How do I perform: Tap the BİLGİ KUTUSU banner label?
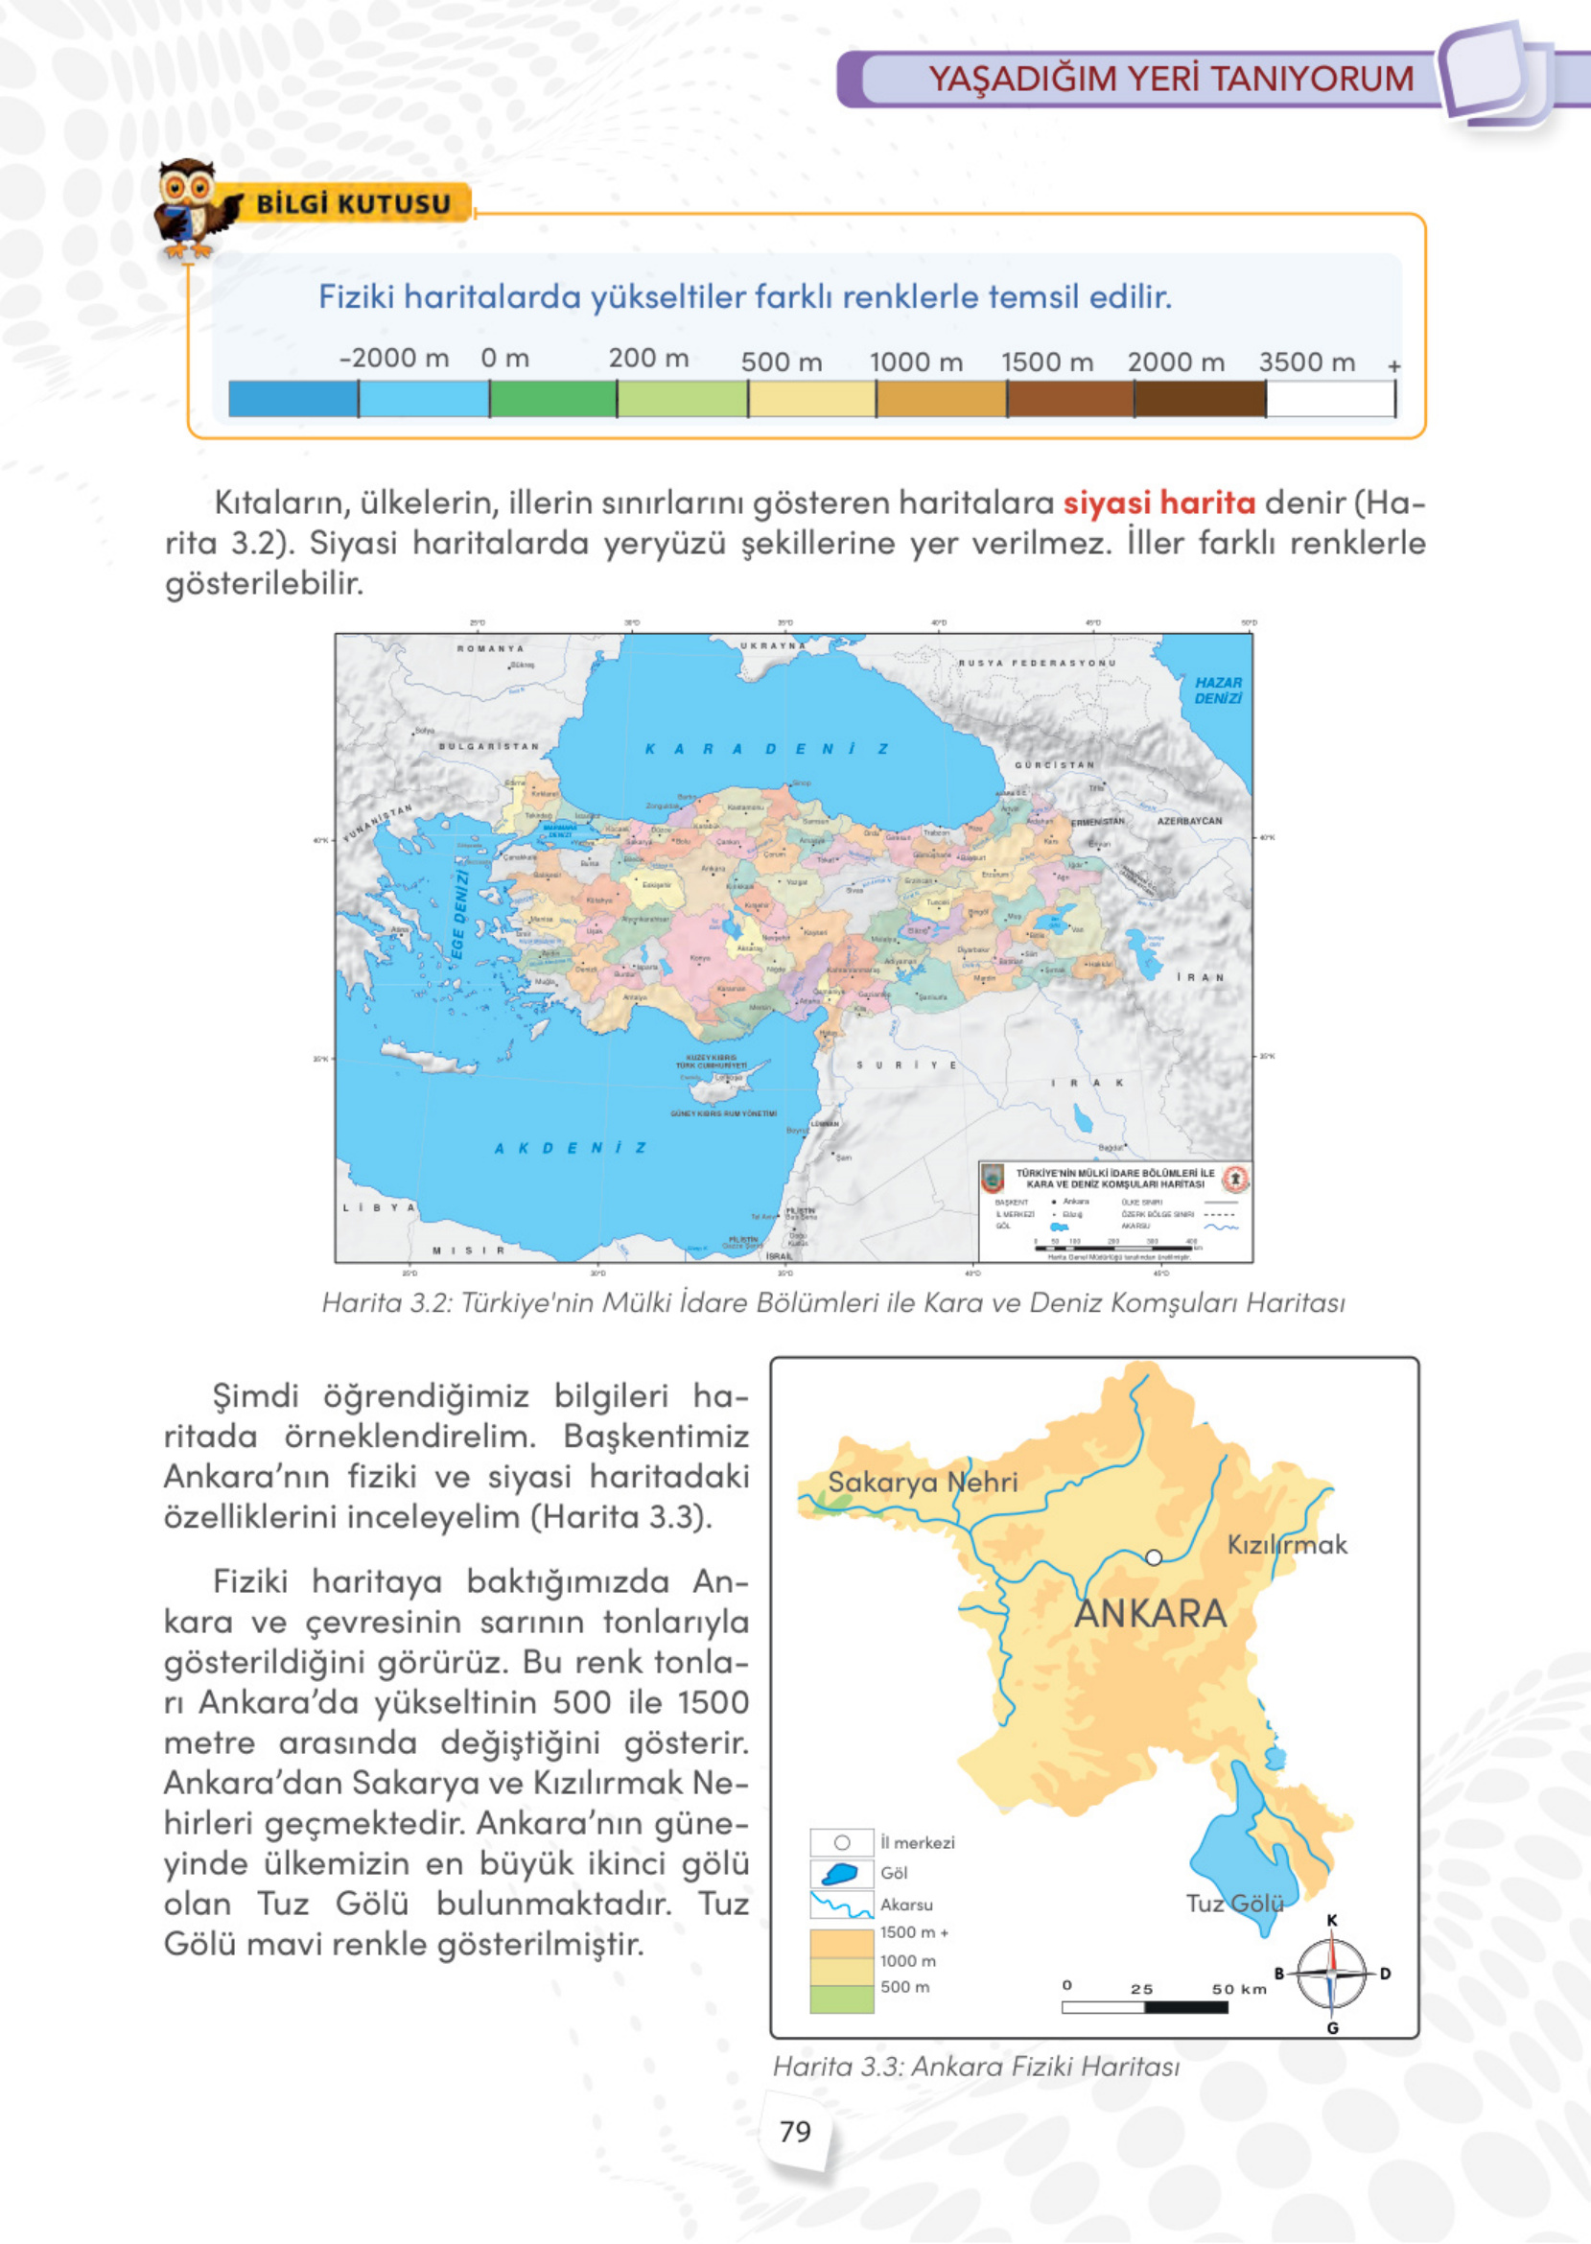click(353, 203)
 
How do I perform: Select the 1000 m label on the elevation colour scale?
click(916, 362)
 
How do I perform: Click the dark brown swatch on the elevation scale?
click(1199, 399)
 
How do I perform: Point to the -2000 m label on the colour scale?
click(394, 359)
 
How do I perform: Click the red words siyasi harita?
click(1158, 503)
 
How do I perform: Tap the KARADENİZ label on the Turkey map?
click(766, 749)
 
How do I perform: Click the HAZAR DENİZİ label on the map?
click(1217, 690)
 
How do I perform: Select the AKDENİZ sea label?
click(571, 1148)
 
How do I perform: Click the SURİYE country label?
click(906, 1065)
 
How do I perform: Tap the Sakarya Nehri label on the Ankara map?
click(922, 1482)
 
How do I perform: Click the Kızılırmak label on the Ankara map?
click(1286, 1545)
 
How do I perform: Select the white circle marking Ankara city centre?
click(1153, 1557)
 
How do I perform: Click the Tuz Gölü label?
click(1234, 1904)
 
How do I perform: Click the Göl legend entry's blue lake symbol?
click(840, 1874)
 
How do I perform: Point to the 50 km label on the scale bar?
click(1238, 1989)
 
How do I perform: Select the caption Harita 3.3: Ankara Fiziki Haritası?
click(975, 2066)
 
